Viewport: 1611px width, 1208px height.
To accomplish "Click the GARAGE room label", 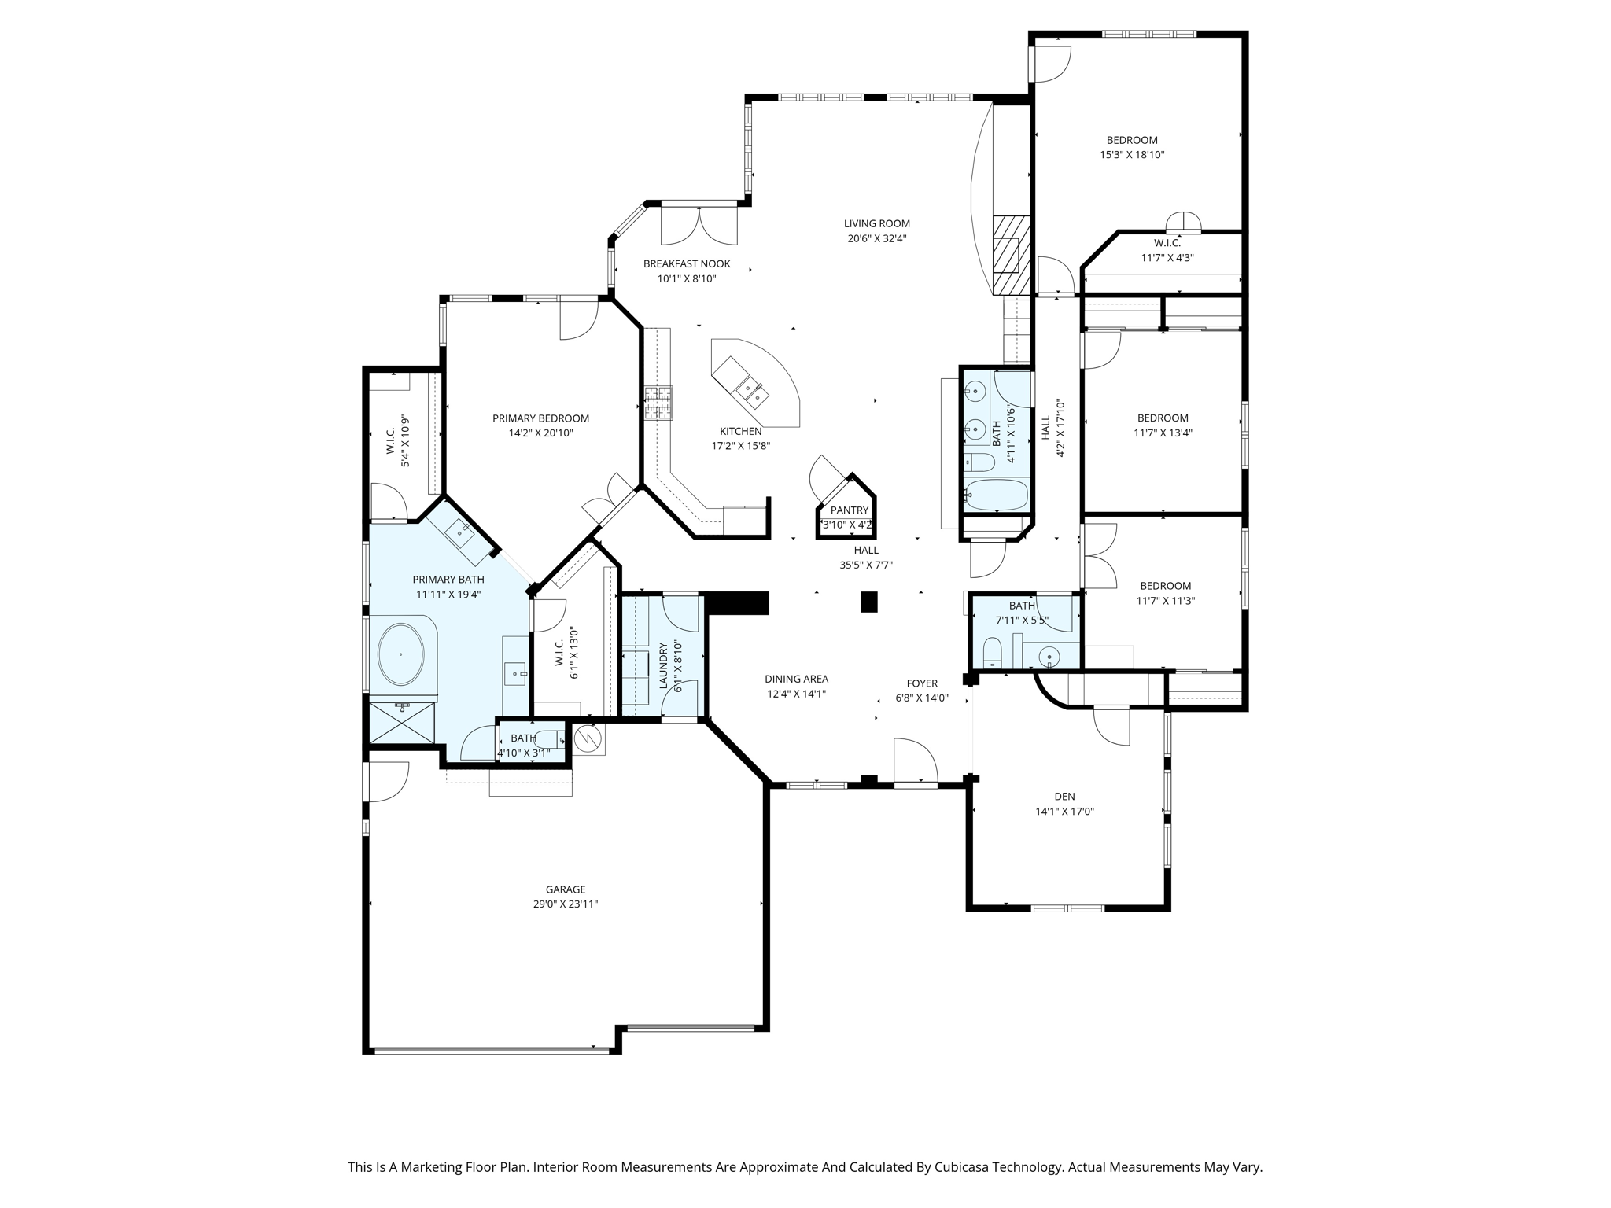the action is [565, 889].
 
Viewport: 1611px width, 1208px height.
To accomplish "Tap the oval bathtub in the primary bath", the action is [401, 654].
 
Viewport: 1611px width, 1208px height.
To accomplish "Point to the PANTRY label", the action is [850, 510].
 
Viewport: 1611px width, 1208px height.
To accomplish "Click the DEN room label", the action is [1064, 797].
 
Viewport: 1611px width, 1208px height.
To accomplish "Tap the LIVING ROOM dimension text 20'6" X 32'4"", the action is [876, 238].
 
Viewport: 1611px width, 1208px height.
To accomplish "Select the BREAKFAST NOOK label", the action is [687, 264].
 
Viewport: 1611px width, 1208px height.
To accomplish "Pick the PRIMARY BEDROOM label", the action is [540, 418].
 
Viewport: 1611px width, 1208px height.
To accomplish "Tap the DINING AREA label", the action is [796, 679].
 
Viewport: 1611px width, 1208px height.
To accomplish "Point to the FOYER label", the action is [922, 683].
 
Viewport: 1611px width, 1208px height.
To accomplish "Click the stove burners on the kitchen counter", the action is [658, 403].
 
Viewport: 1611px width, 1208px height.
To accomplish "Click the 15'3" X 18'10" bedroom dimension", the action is [1132, 155].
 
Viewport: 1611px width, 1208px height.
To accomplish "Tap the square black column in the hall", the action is [868, 602].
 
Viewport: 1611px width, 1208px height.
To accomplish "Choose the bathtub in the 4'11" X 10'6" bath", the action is [996, 495].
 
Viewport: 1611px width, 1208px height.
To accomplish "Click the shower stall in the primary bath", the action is [402, 722].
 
